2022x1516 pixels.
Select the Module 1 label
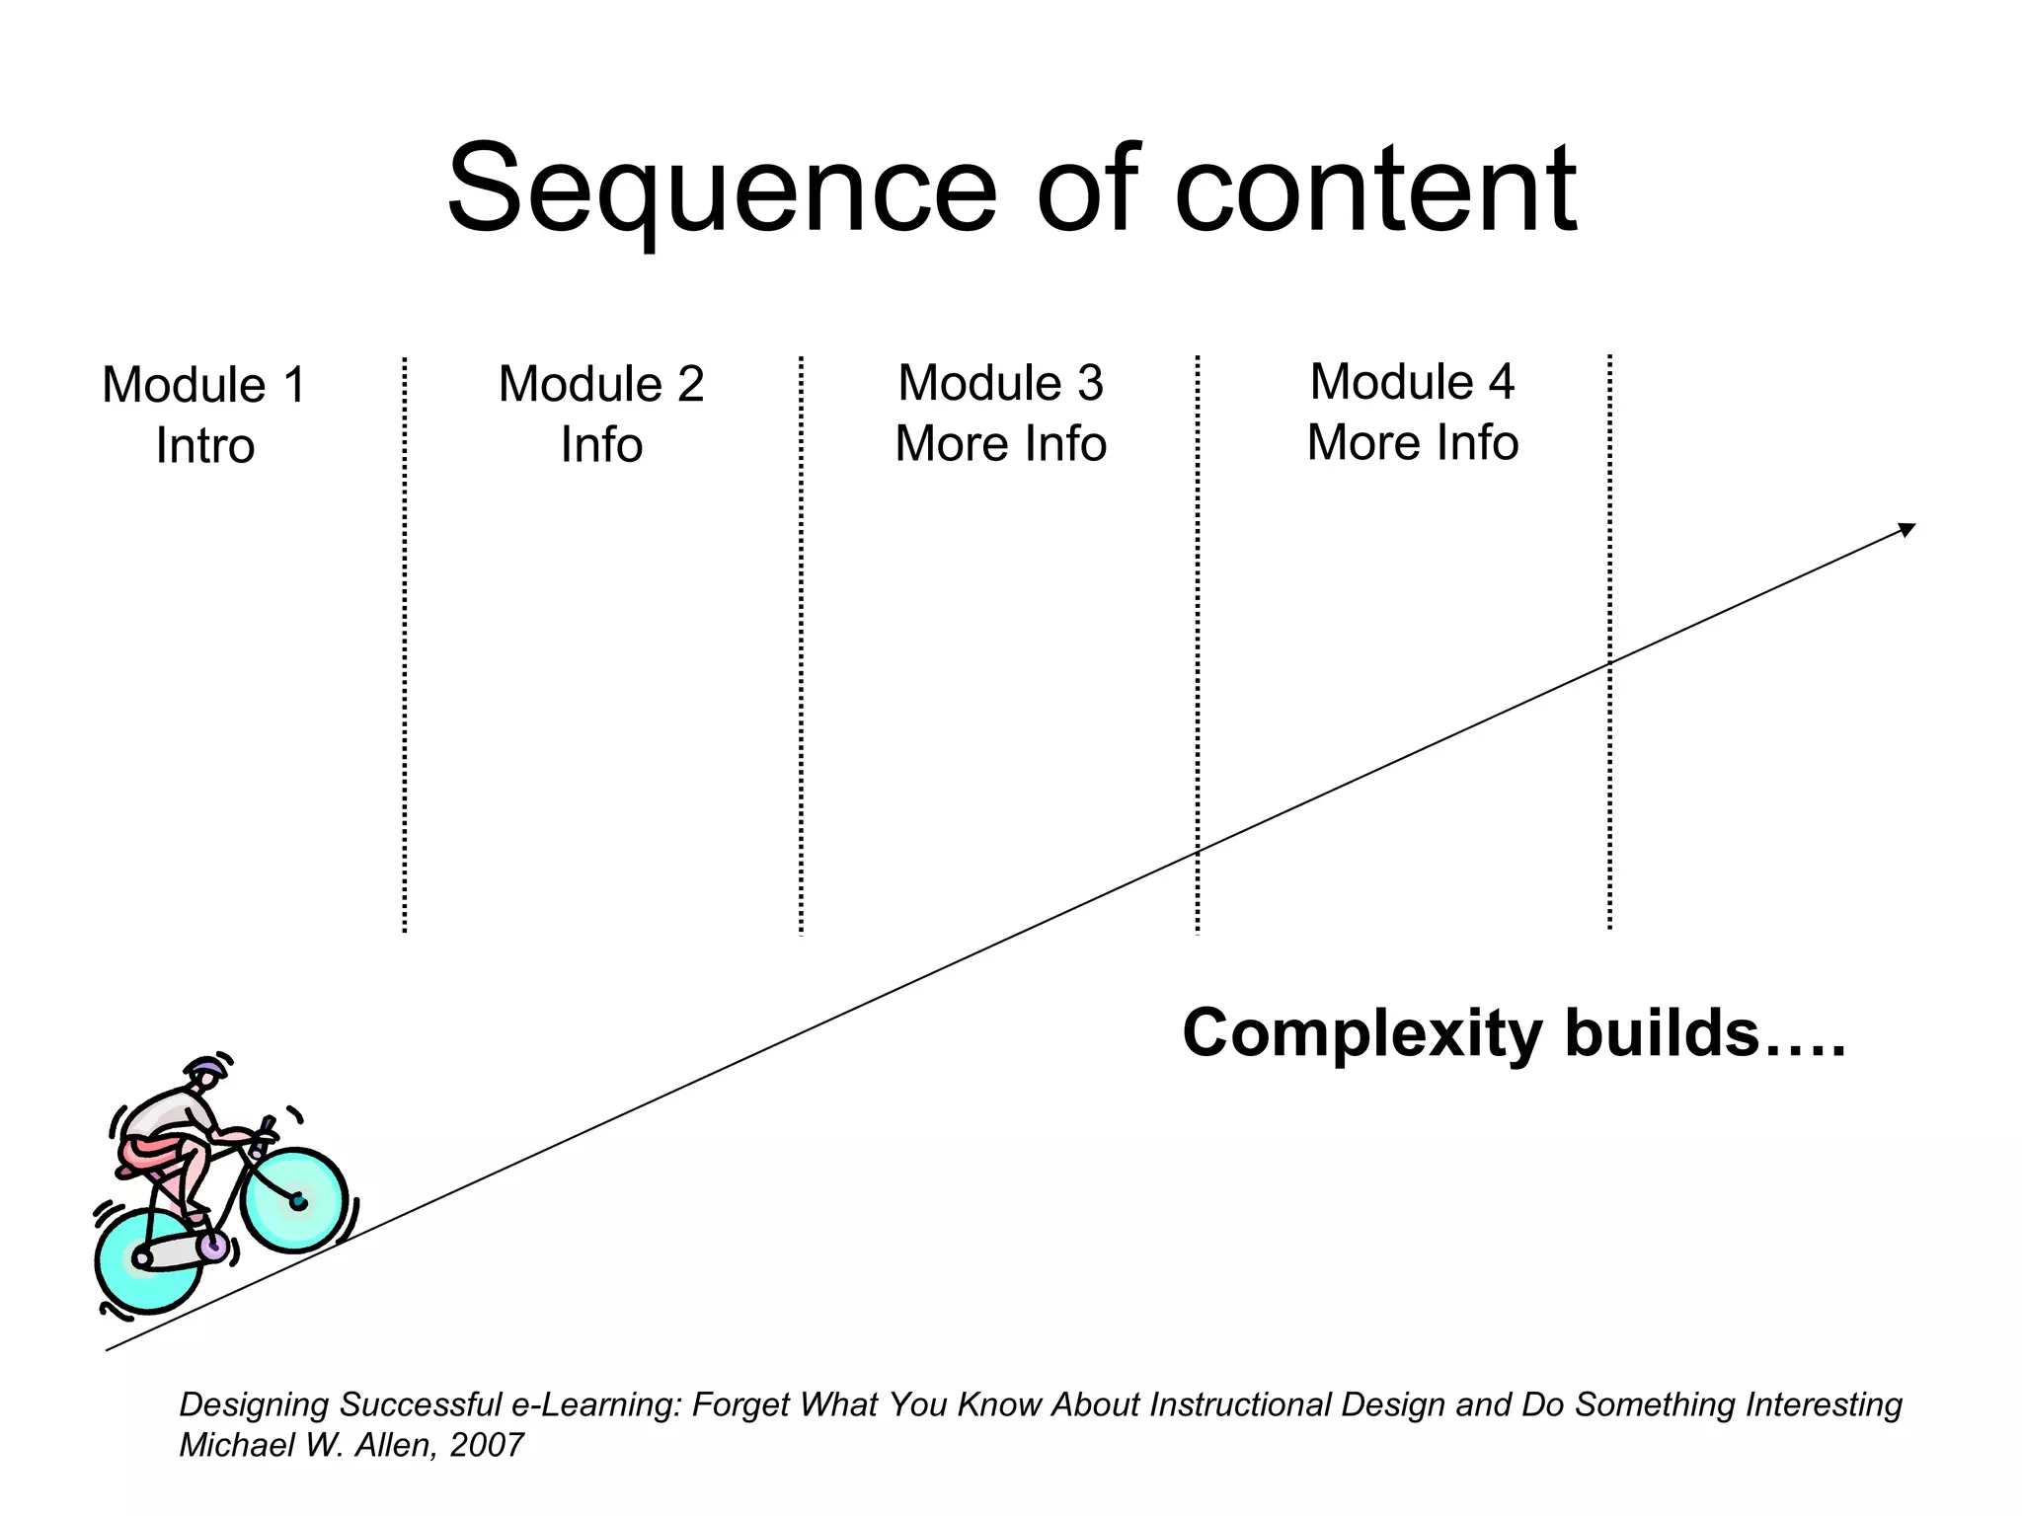tap(204, 385)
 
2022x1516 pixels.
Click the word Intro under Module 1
tap(205, 446)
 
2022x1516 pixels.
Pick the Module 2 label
tap(601, 384)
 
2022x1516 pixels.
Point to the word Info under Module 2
tap(601, 445)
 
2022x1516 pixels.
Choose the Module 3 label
tap(1000, 383)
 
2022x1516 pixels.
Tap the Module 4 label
tap(1412, 382)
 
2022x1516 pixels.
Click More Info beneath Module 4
tap(1412, 443)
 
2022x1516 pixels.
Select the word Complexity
tap(1361, 1034)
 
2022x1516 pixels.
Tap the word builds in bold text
tap(1662, 1034)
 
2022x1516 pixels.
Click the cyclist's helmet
tap(206, 1068)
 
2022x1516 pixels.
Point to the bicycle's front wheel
tap(295, 1200)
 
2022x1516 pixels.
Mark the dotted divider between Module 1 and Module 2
tap(405, 642)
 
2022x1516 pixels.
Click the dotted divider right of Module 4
tap(1609, 642)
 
